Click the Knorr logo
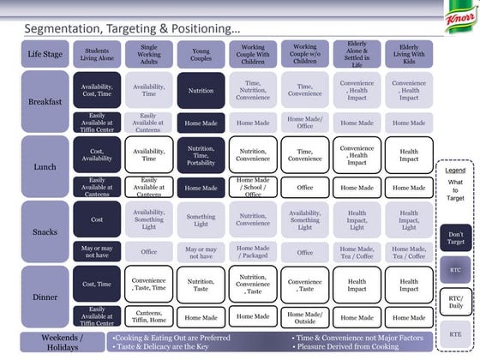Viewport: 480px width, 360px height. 459,18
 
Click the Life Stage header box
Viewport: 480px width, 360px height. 44,53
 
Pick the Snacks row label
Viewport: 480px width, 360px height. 44,231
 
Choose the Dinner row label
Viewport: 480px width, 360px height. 44,297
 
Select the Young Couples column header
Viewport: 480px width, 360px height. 201,53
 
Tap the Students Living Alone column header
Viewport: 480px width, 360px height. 96,53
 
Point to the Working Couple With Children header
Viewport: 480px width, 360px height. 252,53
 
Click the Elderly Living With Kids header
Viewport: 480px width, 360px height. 408,53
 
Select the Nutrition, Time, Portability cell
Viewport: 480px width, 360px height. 201,155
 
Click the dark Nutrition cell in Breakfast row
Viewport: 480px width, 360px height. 201,89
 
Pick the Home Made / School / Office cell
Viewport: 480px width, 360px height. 252,187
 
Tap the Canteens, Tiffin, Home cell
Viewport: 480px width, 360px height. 148,316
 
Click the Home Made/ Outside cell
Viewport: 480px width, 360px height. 304,316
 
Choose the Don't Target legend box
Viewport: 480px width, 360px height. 455,238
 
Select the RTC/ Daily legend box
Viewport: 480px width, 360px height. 455,300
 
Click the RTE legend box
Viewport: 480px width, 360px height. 455,333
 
